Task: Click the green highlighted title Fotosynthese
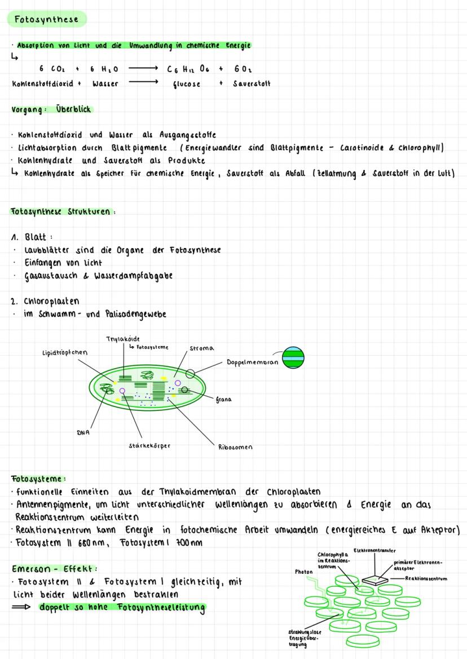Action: pyautogui.click(x=47, y=19)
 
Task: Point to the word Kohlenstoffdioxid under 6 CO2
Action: pyautogui.click(x=43, y=83)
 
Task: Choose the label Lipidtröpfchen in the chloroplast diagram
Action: pyautogui.click(x=64, y=353)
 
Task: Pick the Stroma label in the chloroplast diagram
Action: pyautogui.click(x=201, y=348)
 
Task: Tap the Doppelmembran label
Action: pyautogui.click(x=252, y=362)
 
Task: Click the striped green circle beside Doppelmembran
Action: pyautogui.click(x=293, y=357)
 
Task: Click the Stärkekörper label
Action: pyautogui.click(x=149, y=445)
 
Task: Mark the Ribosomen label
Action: pyautogui.click(x=235, y=447)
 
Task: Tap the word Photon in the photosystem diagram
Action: pyautogui.click(x=304, y=571)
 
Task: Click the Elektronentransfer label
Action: pyautogui.click(x=375, y=550)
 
